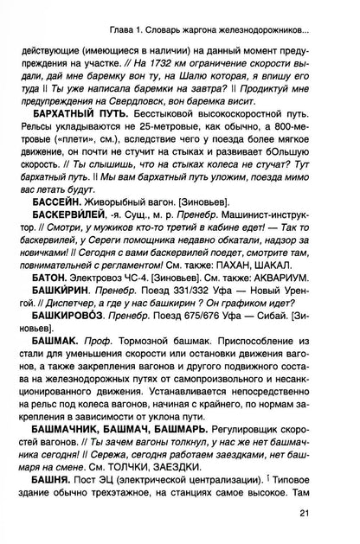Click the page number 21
pos(324,515)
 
